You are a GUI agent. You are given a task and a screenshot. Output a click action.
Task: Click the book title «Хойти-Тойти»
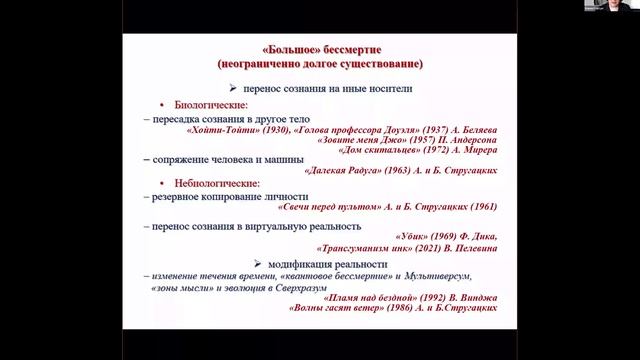[x=220, y=131]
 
